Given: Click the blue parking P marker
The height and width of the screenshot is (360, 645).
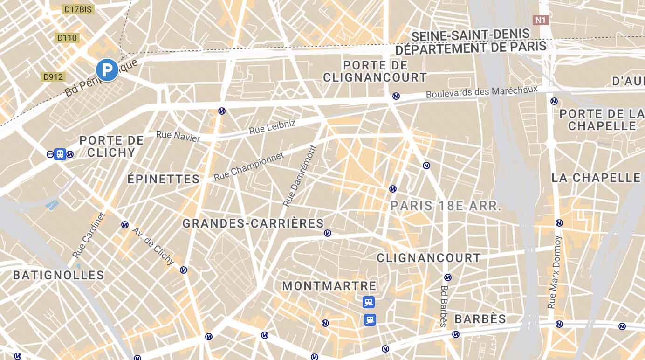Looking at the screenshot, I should [x=107, y=70].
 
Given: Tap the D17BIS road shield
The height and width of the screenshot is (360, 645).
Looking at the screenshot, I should [x=77, y=9].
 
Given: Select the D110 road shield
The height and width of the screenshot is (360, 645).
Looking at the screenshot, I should [x=67, y=38].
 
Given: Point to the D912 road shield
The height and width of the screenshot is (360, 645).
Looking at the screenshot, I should [x=53, y=77].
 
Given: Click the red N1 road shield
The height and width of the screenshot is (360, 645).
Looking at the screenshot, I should [x=541, y=20].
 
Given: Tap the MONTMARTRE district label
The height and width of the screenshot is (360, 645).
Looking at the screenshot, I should [x=329, y=286].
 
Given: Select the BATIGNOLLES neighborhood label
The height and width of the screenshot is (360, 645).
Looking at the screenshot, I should [x=59, y=275].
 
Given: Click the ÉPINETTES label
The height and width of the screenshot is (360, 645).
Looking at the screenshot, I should [x=164, y=179].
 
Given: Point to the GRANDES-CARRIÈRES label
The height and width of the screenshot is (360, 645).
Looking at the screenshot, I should [x=253, y=224].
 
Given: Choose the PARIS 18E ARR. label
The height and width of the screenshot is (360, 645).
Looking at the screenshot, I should [x=446, y=206].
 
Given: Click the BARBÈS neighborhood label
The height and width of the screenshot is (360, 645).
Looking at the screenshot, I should [x=480, y=319].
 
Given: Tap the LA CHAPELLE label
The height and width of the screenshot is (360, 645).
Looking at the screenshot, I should [x=596, y=178].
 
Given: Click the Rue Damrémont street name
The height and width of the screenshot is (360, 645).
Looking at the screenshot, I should [x=300, y=176].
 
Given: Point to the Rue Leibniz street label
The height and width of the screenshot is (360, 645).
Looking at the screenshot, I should [x=272, y=127].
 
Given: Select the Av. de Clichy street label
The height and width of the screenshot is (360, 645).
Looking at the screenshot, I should [x=153, y=246].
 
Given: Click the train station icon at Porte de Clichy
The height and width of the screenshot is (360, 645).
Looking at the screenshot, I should [x=60, y=154].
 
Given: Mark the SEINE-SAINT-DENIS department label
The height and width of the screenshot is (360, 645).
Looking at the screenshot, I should [x=471, y=35].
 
